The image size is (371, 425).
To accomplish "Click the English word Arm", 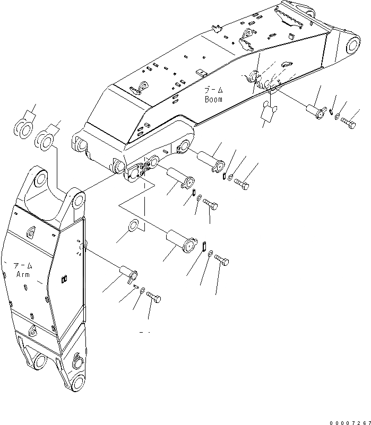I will point(22,274).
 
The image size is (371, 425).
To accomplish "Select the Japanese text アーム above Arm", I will point(23,265).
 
